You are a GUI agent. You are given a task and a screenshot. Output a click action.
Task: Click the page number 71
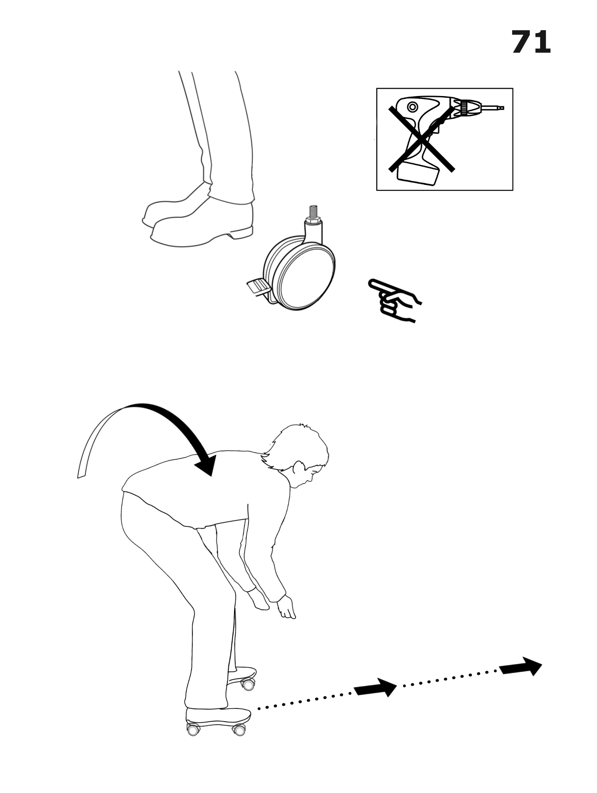[x=531, y=42]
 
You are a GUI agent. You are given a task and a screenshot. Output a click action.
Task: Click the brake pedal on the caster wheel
[x=257, y=287]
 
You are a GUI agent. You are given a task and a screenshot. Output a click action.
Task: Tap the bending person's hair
[x=297, y=446]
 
